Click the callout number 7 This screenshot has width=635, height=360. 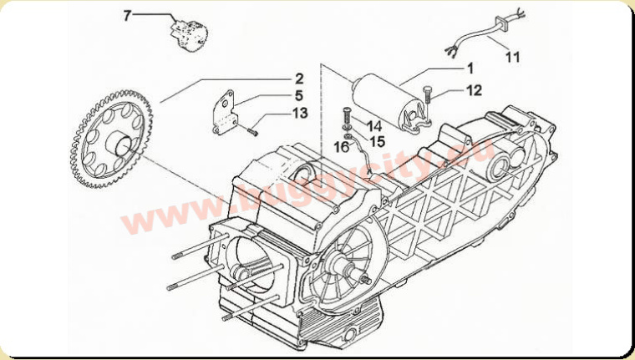[128, 16]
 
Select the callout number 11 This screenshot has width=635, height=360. [513, 57]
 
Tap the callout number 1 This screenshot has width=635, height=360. [470, 68]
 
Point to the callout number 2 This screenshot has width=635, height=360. [299, 79]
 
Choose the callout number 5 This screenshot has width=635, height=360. [299, 95]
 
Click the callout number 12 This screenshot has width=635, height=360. [474, 90]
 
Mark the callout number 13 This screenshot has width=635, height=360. [300, 113]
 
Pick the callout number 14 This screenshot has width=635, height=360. [373, 126]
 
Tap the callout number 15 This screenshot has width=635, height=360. [377, 141]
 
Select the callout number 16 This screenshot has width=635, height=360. [342, 147]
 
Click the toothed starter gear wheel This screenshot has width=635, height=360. [111, 145]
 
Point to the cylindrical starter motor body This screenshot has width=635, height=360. [387, 103]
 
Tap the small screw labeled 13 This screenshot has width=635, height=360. [251, 131]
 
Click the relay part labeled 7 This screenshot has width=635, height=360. [188, 34]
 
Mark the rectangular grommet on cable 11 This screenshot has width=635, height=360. [501, 23]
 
